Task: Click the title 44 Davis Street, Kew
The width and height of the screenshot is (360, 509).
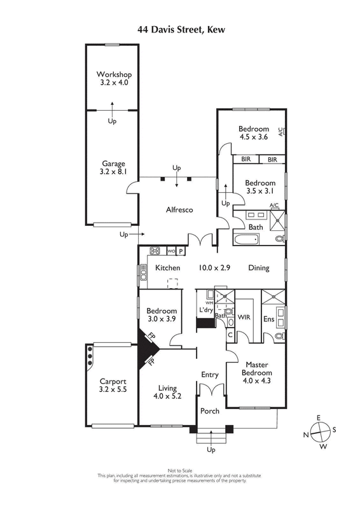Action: point(181,30)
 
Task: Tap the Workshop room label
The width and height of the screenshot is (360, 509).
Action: point(114,74)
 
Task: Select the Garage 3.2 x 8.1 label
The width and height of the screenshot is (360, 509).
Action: point(113,167)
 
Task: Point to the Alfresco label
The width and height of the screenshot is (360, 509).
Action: point(179,210)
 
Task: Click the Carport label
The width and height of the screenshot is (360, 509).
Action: point(113,381)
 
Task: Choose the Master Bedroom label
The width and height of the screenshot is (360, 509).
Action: point(257,368)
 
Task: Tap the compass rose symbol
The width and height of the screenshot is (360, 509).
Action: point(320,433)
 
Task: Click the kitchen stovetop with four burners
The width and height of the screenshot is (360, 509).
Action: point(155,251)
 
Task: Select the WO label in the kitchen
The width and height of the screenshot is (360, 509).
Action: point(171,251)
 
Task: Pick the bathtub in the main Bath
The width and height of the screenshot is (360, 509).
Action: point(246,241)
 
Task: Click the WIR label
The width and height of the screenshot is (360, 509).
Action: point(244,317)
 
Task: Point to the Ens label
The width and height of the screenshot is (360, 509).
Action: point(269,319)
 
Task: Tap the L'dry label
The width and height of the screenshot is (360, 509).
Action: point(206,310)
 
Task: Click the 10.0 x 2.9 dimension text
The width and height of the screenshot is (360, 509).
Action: point(214,268)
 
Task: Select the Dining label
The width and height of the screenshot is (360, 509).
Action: point(259,268)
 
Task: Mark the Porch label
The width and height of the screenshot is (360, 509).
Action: point(210,411)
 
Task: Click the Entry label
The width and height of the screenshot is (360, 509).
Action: point(210,375)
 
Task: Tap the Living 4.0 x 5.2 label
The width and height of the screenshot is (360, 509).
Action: point(167,392)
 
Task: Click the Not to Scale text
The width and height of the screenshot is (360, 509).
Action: point(180,470)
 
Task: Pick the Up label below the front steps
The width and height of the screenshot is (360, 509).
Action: point(211,450)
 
